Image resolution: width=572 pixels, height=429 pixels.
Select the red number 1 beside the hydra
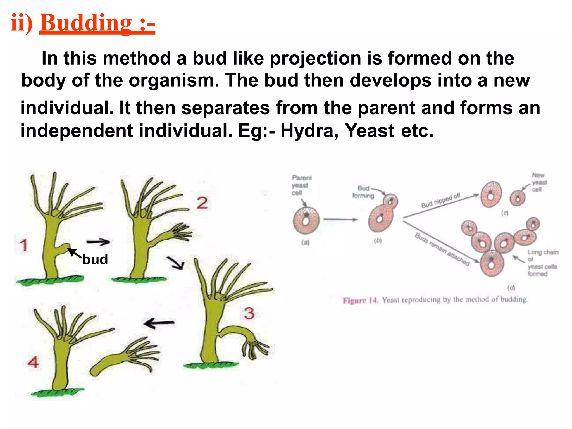(24, 245)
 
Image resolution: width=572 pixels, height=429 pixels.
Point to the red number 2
(202, 203)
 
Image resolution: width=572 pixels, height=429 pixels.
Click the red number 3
(249, 313)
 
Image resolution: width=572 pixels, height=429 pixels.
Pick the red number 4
(33, 362)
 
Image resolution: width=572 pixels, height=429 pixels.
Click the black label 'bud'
(95, 259)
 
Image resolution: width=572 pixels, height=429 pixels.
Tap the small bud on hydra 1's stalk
(66, 247)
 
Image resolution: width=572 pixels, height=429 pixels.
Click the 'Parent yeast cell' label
(301, 185)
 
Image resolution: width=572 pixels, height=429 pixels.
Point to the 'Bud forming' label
(363, 192)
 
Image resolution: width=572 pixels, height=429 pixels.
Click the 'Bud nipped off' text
(440, 201)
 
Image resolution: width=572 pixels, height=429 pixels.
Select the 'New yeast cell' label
(539, 182)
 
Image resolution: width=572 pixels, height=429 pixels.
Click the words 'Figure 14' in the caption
(360, 301)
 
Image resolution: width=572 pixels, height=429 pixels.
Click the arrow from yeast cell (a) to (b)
(340, 220)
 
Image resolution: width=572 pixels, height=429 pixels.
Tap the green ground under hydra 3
(211, 365)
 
